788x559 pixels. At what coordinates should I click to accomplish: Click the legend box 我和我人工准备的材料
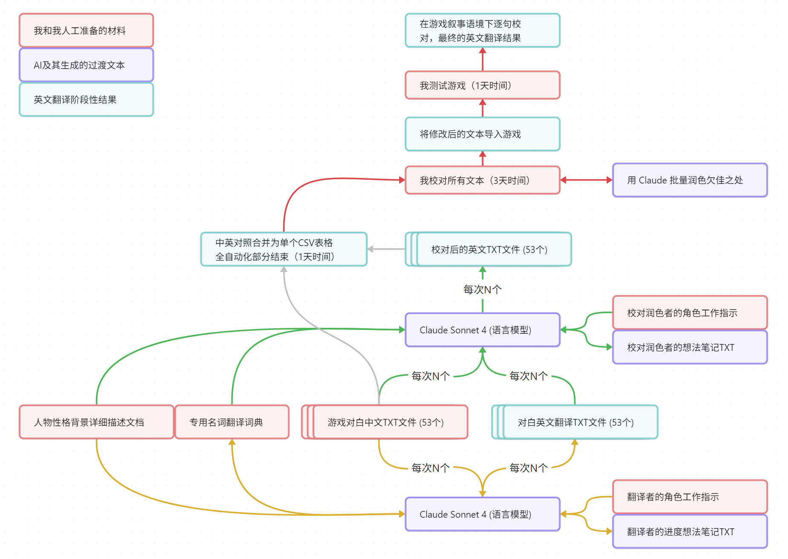pyautogui.click(x=86, y=30)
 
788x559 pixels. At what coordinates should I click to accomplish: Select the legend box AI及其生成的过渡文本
pyautogui.click(x=86, y=65)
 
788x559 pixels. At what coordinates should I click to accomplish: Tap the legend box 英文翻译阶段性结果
pyautogui.click(x=86, y=99)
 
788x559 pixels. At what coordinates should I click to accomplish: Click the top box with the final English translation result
pyautogui.click(x=482, y=30)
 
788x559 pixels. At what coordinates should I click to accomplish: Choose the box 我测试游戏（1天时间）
pyautogui.click(x=482, y=85)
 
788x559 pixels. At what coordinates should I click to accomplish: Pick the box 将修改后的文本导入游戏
pyautogui.click(x=482, y=134)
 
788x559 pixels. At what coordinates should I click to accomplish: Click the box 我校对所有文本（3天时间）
pyautogui.click(x=482, y=180)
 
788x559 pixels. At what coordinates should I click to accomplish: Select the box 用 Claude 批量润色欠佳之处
pyautogui.click(x=690, y=180)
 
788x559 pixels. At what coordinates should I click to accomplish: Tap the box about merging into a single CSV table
pyautogui.click(x=284, y=249)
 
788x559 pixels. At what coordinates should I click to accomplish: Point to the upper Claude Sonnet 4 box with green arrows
pyautogui.click(x=482, y=330)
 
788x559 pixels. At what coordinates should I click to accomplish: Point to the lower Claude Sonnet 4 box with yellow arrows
pyautogui.click(x=482, y=514)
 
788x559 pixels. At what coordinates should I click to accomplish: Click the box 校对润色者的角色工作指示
pyautogui.click(x=690, y=312)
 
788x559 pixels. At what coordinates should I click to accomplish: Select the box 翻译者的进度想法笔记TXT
pyautogui.click(x=690, y=531)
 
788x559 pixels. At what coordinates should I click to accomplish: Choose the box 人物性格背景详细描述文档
pyautogui.click(x=96, y=422)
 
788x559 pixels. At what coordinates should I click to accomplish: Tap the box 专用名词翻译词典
pyautogui.click(x=232, y=422)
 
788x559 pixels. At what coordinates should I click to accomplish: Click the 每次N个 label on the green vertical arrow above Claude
pyautogui.click(x=482, y=290)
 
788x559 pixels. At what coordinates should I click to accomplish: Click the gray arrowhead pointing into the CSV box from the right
pyautogui.click(x=370, y=249)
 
